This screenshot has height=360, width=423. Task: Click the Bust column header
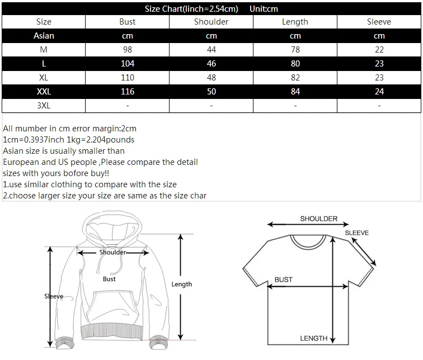(x=128, y=22)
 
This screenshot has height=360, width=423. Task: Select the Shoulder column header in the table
(x=211, y=22)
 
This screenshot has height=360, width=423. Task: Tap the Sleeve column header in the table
(x=379, y=22)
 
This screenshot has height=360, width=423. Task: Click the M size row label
(x=44, y=50)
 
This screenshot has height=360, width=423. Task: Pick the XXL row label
(x=44, y=91)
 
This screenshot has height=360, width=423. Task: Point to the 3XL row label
(x=44, y=105)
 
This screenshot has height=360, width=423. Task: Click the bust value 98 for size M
(x=128, y=50)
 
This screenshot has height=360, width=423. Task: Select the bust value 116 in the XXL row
(x=128, y=91)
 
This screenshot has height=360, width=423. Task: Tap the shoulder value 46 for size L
(x=211, y=64)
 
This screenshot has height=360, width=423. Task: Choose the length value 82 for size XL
(x=295, y=77)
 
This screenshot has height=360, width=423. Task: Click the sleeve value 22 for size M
(x=379, y=50)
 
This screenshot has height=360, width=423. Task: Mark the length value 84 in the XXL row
(x=295, y=91)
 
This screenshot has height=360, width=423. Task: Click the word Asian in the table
(x=44, y=36)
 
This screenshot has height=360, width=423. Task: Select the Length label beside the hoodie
(x=181, y=285)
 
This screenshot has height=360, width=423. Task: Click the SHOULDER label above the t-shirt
(x=319, y=219)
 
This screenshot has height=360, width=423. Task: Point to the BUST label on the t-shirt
(x=283, y=280)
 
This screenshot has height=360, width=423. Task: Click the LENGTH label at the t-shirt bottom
(x=313, y=338)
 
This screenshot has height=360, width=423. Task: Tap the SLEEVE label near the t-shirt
(x=356, y=233)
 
